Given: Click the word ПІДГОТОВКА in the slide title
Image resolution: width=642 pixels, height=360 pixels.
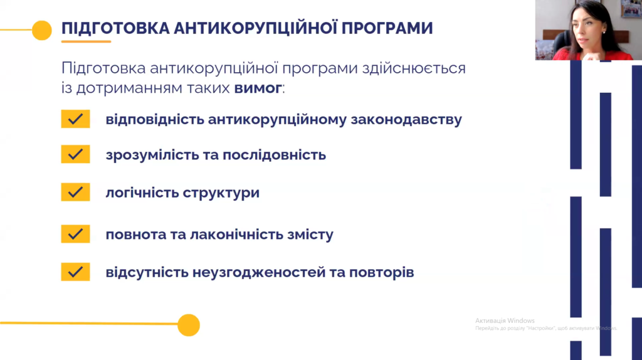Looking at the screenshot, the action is [x=115, y=28].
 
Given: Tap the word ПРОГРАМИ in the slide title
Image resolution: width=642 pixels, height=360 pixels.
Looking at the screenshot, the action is [x=387, y=28].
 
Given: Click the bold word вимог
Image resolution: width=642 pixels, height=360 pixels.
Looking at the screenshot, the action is [x=258, y=88].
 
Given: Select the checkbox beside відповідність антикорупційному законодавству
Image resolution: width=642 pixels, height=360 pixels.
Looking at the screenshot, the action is [x=75, y=119].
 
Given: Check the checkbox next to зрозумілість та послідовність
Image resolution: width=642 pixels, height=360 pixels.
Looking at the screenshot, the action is [x=75, y=154].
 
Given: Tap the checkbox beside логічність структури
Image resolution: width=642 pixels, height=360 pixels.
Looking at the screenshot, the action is [x=75, y=192].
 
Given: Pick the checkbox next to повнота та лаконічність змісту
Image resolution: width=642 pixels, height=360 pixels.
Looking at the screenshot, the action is [x=75, y=234].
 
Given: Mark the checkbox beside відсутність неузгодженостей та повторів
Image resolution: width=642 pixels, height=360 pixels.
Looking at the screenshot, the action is [x=75, y=272].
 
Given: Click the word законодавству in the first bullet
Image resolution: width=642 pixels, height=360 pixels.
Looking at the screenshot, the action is [x=406, y=120].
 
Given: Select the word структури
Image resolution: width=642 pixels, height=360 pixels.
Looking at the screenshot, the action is [x=221, y=193].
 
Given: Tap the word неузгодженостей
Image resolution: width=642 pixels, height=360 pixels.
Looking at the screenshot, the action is [x=259, y=272].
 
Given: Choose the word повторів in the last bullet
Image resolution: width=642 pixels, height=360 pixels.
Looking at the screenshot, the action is [x=382, y=272].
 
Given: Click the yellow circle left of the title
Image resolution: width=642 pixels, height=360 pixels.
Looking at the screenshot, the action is [x=42, y=30].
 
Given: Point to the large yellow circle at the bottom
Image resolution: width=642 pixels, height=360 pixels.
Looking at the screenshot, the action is [x=189, y=325].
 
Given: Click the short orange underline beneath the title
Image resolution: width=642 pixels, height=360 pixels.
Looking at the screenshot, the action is [x=86, y=41].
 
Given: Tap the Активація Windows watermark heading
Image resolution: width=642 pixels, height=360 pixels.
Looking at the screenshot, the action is [x=505, y=320].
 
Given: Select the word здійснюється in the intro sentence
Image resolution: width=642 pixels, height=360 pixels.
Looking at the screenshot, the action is [x=414, y=68].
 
